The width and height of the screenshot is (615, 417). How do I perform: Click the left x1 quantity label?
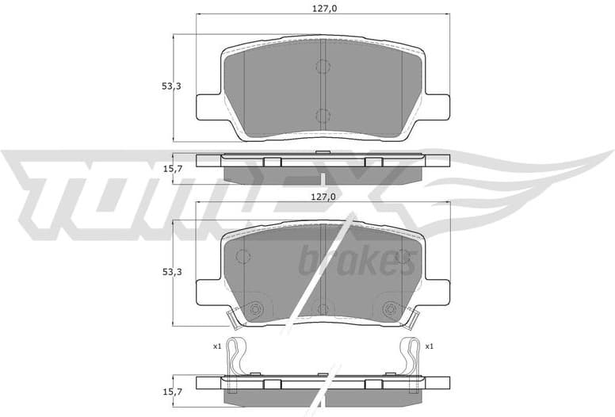point(216,346)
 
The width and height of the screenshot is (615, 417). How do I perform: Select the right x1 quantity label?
point(429,346)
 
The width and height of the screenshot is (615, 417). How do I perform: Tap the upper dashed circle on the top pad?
point(323,67)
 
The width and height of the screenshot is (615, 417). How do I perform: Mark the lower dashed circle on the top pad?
point(323,116)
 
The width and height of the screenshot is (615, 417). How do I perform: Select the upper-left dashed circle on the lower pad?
point(243,256)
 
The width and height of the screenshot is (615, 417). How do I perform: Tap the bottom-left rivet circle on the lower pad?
point(255,309)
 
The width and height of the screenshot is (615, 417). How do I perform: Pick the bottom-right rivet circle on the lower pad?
point(389,309)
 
